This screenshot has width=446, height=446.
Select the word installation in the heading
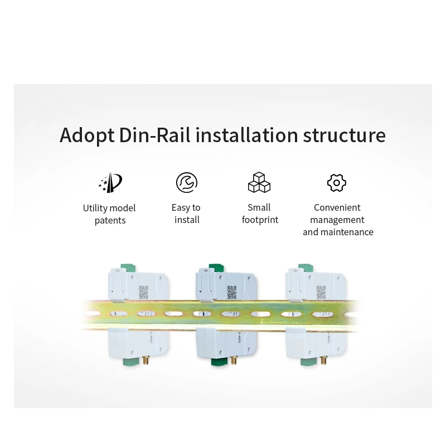coord(247,135)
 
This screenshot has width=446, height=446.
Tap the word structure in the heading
coord(344,135)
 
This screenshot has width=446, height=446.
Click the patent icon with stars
coord(110,182)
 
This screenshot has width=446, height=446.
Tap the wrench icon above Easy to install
coord(187,182)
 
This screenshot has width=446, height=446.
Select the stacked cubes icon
coord(259,182)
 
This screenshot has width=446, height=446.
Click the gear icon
coord(337,182)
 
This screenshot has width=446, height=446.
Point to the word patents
coord(110,221)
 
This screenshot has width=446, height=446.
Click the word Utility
coord(95,209)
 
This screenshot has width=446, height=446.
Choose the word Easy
coord(181,208)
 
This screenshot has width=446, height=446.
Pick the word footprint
coord(260,220)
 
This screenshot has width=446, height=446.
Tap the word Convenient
coord(337,208)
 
